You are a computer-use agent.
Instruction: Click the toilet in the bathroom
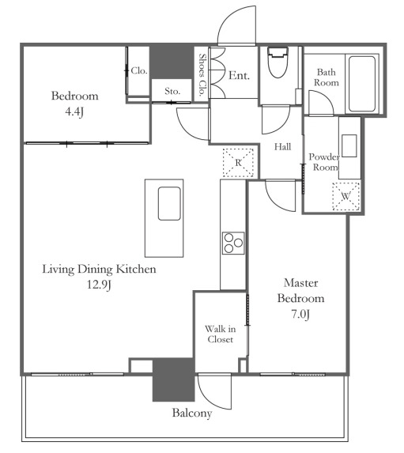278,62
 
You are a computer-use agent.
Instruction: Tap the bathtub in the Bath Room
362,84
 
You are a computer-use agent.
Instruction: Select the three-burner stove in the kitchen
233,243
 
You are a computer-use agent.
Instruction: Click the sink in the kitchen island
170,203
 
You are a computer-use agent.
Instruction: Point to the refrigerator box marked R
238,163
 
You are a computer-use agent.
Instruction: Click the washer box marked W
345,196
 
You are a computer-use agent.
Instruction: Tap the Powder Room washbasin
349,146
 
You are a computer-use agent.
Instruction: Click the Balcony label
192,413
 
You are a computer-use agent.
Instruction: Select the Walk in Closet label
221,334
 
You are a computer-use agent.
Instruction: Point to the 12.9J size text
99,285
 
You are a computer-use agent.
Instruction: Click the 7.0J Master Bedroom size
300,314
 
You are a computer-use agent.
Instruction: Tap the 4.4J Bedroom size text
74,111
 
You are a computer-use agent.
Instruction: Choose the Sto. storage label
172,91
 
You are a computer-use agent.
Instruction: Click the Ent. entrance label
239,75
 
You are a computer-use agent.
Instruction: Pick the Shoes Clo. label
202,75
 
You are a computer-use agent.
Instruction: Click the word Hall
282,147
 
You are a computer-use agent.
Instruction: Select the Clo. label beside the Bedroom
139,70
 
